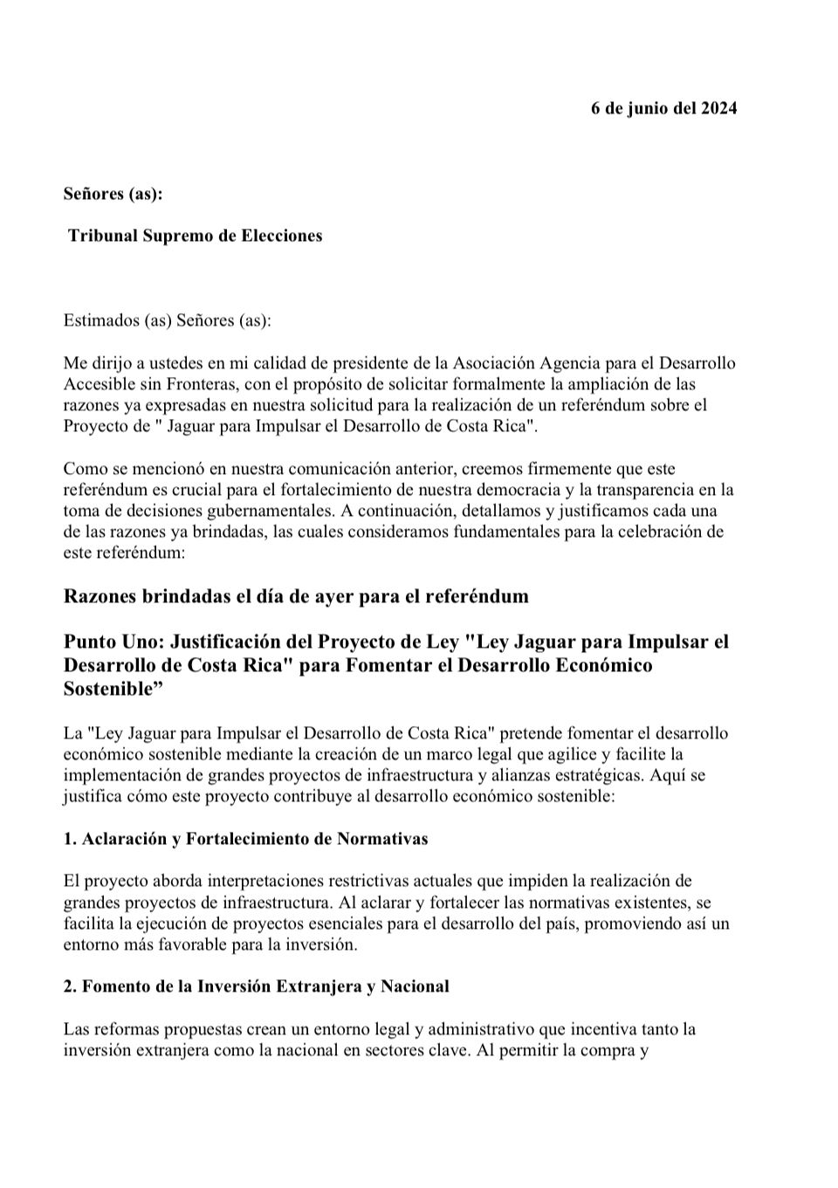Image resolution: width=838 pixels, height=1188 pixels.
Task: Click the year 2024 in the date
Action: (x=718, y=108)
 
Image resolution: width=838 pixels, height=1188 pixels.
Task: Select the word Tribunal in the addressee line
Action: (x=103, y=236)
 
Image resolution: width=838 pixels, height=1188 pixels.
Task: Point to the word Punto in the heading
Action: (x=89, y=642)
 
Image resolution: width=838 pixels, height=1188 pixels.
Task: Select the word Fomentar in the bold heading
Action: (x=355, y=665)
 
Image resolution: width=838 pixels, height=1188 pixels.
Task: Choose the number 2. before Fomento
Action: (x=70, y=986)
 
